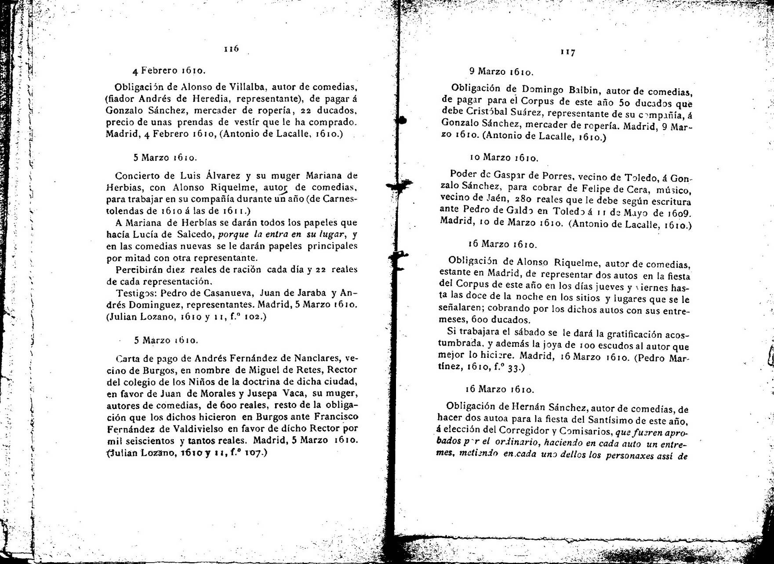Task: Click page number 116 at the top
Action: pyautogui.click(x=231, y=49)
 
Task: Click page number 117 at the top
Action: pyautogui.click(x=567, y=52)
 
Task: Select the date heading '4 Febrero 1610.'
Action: pyautogui.click(x=169, y=70)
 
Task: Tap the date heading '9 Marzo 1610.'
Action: pyautogui.click(x=501, y=71)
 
